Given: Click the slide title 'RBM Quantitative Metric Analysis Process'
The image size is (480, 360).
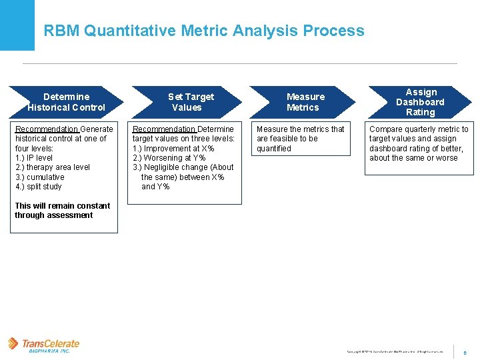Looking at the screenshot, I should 204,31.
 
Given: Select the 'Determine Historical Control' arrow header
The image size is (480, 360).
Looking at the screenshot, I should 66,102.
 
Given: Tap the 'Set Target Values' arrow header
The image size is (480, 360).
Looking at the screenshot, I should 187,102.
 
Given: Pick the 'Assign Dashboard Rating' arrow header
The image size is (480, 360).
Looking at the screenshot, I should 420,102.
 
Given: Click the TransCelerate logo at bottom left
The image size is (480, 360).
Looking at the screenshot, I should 44,345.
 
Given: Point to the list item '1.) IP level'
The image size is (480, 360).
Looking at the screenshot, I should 34,158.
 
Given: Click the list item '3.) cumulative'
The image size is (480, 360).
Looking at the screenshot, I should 40,177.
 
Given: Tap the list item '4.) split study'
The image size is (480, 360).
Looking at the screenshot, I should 39,187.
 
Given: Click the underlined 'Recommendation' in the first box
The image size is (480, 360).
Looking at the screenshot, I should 46,129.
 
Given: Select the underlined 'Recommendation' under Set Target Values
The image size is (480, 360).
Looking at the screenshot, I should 164,129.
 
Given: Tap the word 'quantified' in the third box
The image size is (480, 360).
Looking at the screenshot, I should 274,149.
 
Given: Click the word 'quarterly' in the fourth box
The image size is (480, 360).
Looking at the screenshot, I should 423,129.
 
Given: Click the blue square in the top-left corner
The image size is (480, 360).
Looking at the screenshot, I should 17,25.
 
